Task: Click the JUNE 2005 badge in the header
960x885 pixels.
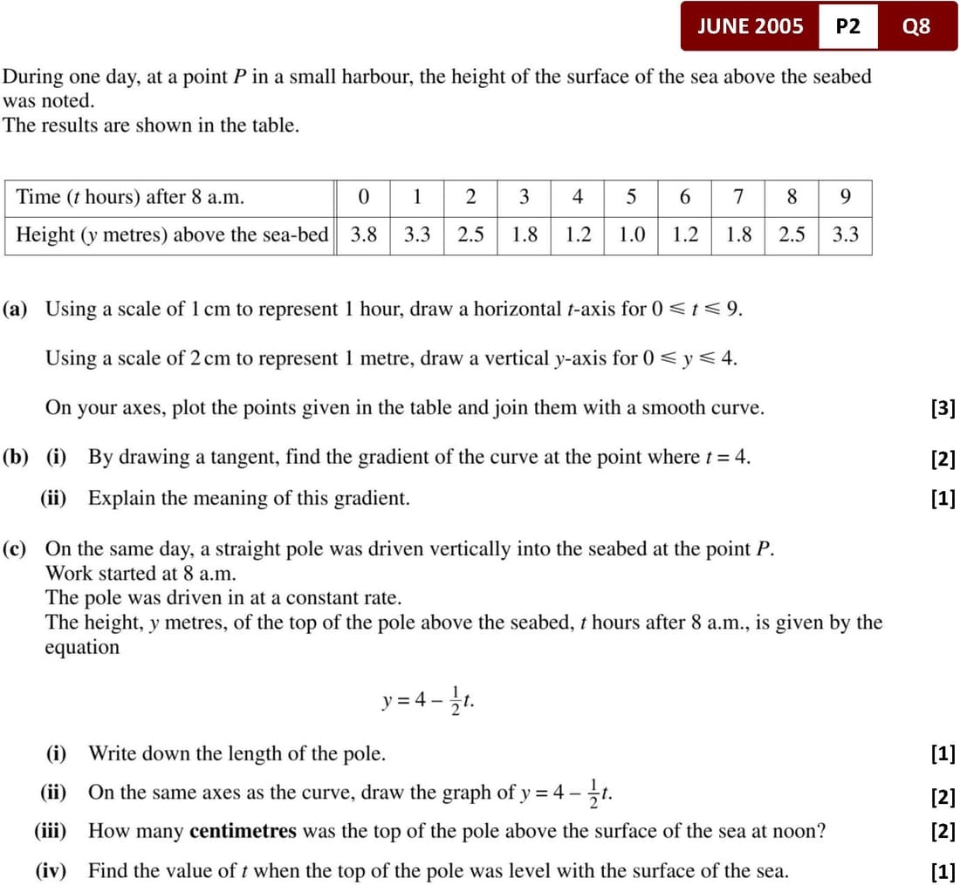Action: pos(750,26)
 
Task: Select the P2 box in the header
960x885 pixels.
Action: pos(847,26)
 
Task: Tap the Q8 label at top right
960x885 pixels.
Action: pos(916,26)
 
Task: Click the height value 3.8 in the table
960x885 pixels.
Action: pos(363,235)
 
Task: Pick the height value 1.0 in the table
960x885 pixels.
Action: pos(631,235)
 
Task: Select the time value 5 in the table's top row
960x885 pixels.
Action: pos(631,197)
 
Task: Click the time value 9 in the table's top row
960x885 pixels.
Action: pos(845,197)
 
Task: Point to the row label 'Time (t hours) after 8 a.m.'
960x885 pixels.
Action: pos(130,197)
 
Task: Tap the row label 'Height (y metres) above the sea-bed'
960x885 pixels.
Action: pos(172,235)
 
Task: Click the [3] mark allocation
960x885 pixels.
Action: pos(943,408)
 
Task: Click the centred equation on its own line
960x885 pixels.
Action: pos(429,701)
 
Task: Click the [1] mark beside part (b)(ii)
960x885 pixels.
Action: pos(943,499)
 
